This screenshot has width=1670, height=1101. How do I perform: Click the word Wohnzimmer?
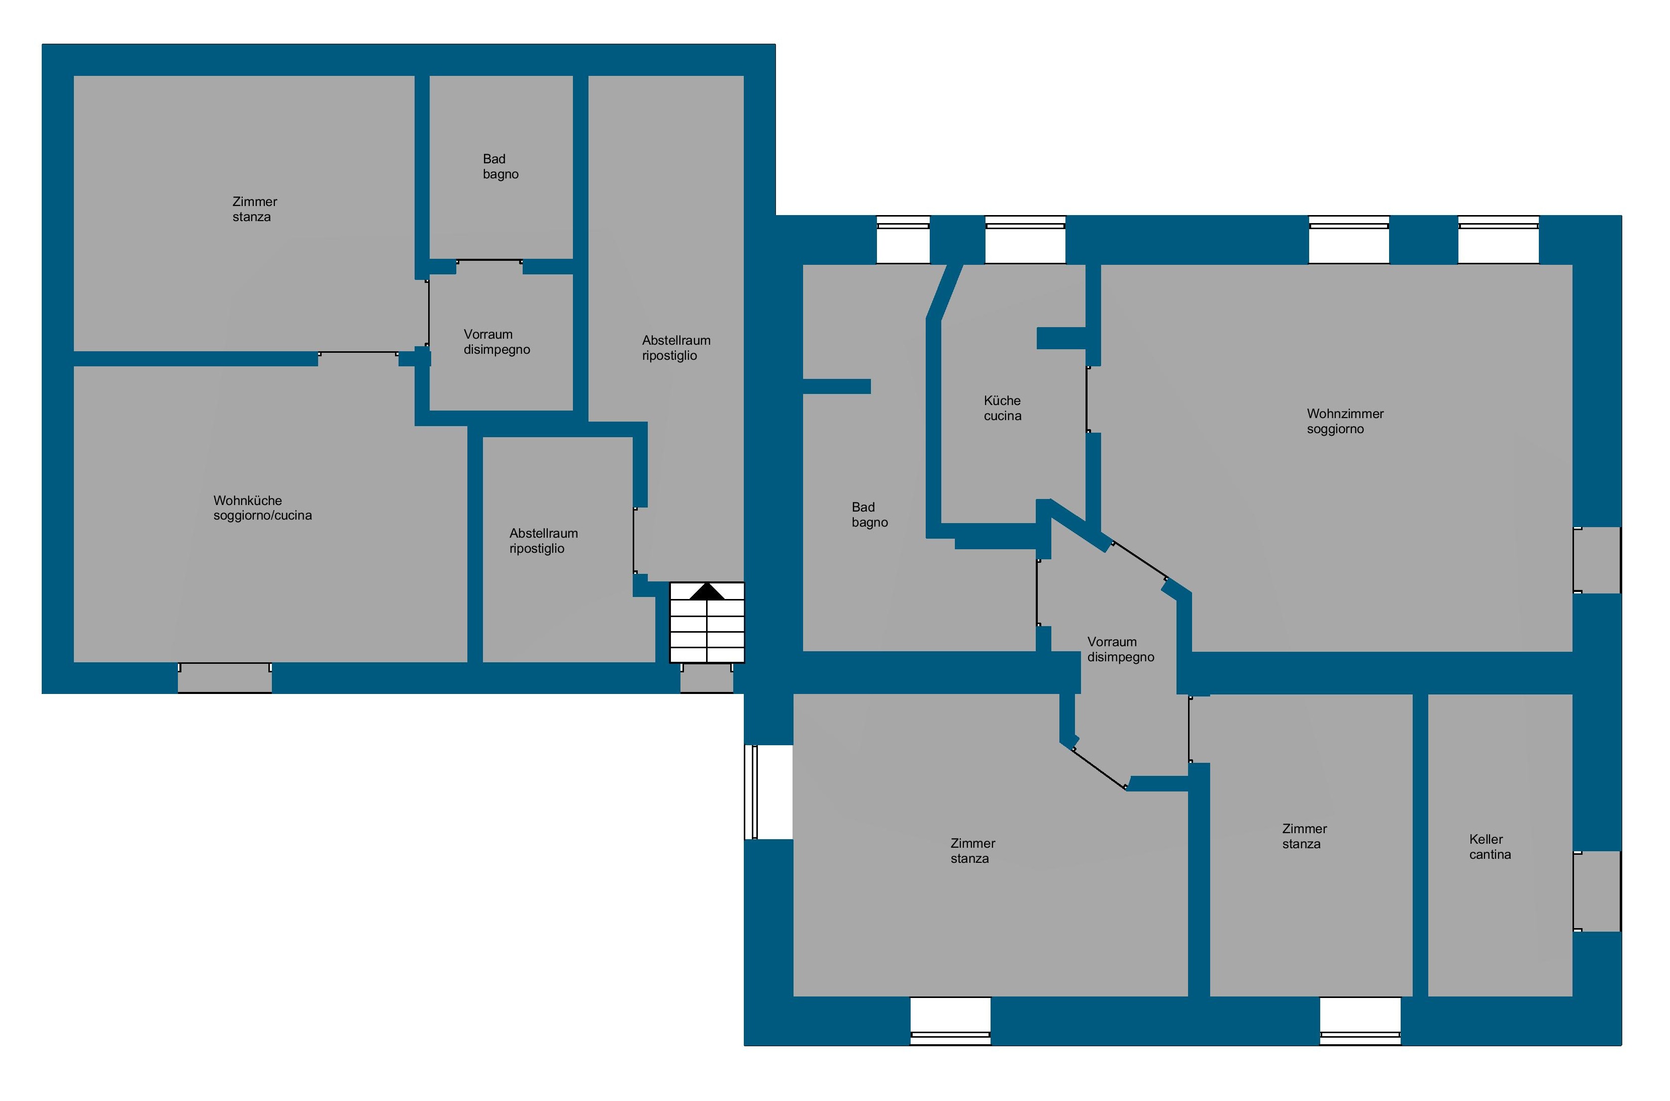(x=1345, y=414)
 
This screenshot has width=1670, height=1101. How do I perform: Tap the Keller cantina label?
(x=1490, y=847)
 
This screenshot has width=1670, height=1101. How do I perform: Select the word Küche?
(x=1002, y=400)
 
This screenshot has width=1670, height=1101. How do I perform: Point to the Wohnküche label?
(x=247, y=501)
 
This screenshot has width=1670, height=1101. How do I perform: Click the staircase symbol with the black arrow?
(x=707, y=622)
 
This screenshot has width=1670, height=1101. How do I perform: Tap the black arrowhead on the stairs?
(x=707, y=591)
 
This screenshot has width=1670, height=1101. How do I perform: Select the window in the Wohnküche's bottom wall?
(x=225, y=678)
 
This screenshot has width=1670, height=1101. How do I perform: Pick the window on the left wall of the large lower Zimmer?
(x=769, y=792)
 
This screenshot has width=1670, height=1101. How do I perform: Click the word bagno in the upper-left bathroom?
(x=501, y=174)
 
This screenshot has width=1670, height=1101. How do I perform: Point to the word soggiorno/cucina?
(x=263, y=516)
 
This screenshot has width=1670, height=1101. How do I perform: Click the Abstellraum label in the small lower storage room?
(x=544, y=534)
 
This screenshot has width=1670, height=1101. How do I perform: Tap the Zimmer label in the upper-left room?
(x=255, y=202)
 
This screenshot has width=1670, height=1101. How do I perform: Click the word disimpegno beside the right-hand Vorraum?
(x=1121, y=657)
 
